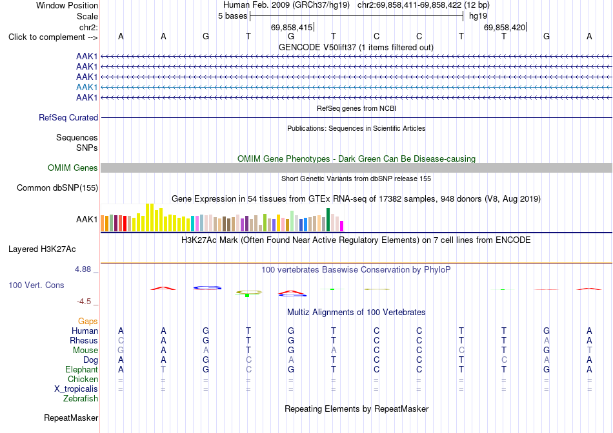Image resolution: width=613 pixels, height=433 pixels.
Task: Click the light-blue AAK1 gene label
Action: coord(87,87)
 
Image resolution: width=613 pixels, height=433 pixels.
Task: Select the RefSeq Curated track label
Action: coord(68,117)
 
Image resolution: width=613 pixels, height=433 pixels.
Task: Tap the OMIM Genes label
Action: coord(73,168)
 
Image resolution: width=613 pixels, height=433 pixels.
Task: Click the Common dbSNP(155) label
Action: coord(57,188)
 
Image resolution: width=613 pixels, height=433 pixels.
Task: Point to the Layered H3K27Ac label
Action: coord(42,249)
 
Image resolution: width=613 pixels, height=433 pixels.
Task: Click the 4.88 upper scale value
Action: coord(83,269)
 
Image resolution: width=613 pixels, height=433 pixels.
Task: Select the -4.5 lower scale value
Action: coord(84,302)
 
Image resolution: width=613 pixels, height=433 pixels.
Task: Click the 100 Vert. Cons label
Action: coord(36,285)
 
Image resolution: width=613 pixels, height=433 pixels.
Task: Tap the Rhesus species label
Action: coord(84,340)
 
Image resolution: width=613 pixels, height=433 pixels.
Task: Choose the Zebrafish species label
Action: coord(81,399)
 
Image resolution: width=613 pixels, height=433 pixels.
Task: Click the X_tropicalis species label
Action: coord(76,389)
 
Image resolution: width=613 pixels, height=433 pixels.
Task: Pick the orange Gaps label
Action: coord(88,321)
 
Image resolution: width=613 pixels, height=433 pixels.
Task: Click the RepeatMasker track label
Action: coord(71,418)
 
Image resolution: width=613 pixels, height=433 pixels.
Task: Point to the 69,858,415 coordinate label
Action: coord(292,27)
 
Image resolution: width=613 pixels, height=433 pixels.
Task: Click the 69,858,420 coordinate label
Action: coord(505,27)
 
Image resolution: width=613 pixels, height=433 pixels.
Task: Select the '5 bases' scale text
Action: coord(232,16)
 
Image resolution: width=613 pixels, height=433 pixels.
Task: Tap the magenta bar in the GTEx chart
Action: coord(341,226)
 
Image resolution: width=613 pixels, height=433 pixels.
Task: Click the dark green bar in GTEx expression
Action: coord(328,220)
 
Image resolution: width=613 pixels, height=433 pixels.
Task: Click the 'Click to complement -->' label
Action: coord(53,37)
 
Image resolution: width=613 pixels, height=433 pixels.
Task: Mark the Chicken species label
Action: coord(83,379)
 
